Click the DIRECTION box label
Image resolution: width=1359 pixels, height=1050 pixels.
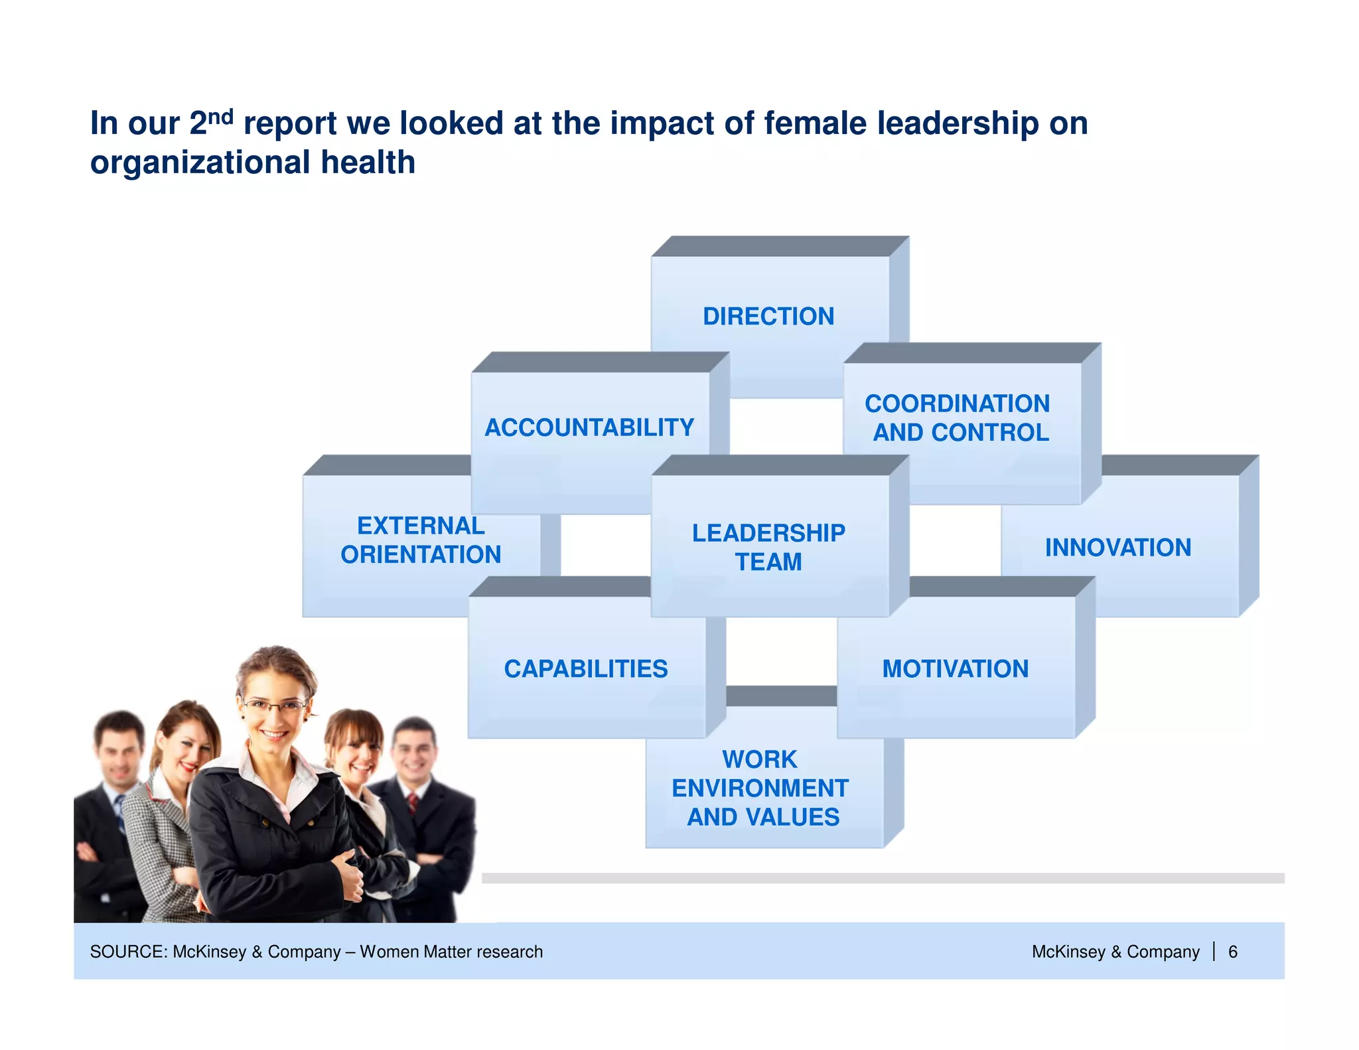click(768, 317)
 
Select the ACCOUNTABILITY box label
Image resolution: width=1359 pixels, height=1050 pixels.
click(589, 427)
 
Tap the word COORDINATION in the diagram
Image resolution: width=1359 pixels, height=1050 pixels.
click(957, 404)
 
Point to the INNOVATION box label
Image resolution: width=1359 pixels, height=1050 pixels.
click(1118, 548)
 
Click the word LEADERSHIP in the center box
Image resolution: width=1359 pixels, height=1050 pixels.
click(768, 533)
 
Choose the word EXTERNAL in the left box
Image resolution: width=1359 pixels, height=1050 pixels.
click(421, 526)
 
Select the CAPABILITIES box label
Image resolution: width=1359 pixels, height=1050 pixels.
click(585, 669)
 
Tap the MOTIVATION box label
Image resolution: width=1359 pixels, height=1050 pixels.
click(955, 669)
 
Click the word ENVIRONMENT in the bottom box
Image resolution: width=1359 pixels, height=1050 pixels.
click(760, 788)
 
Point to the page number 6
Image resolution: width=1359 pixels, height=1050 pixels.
click(1232, 952)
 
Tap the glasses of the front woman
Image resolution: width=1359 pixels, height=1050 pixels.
click(275, 706)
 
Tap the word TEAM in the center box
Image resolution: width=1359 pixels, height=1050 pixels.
click(768, 562)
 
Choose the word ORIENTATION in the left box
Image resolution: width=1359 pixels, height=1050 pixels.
click(421, 555)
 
